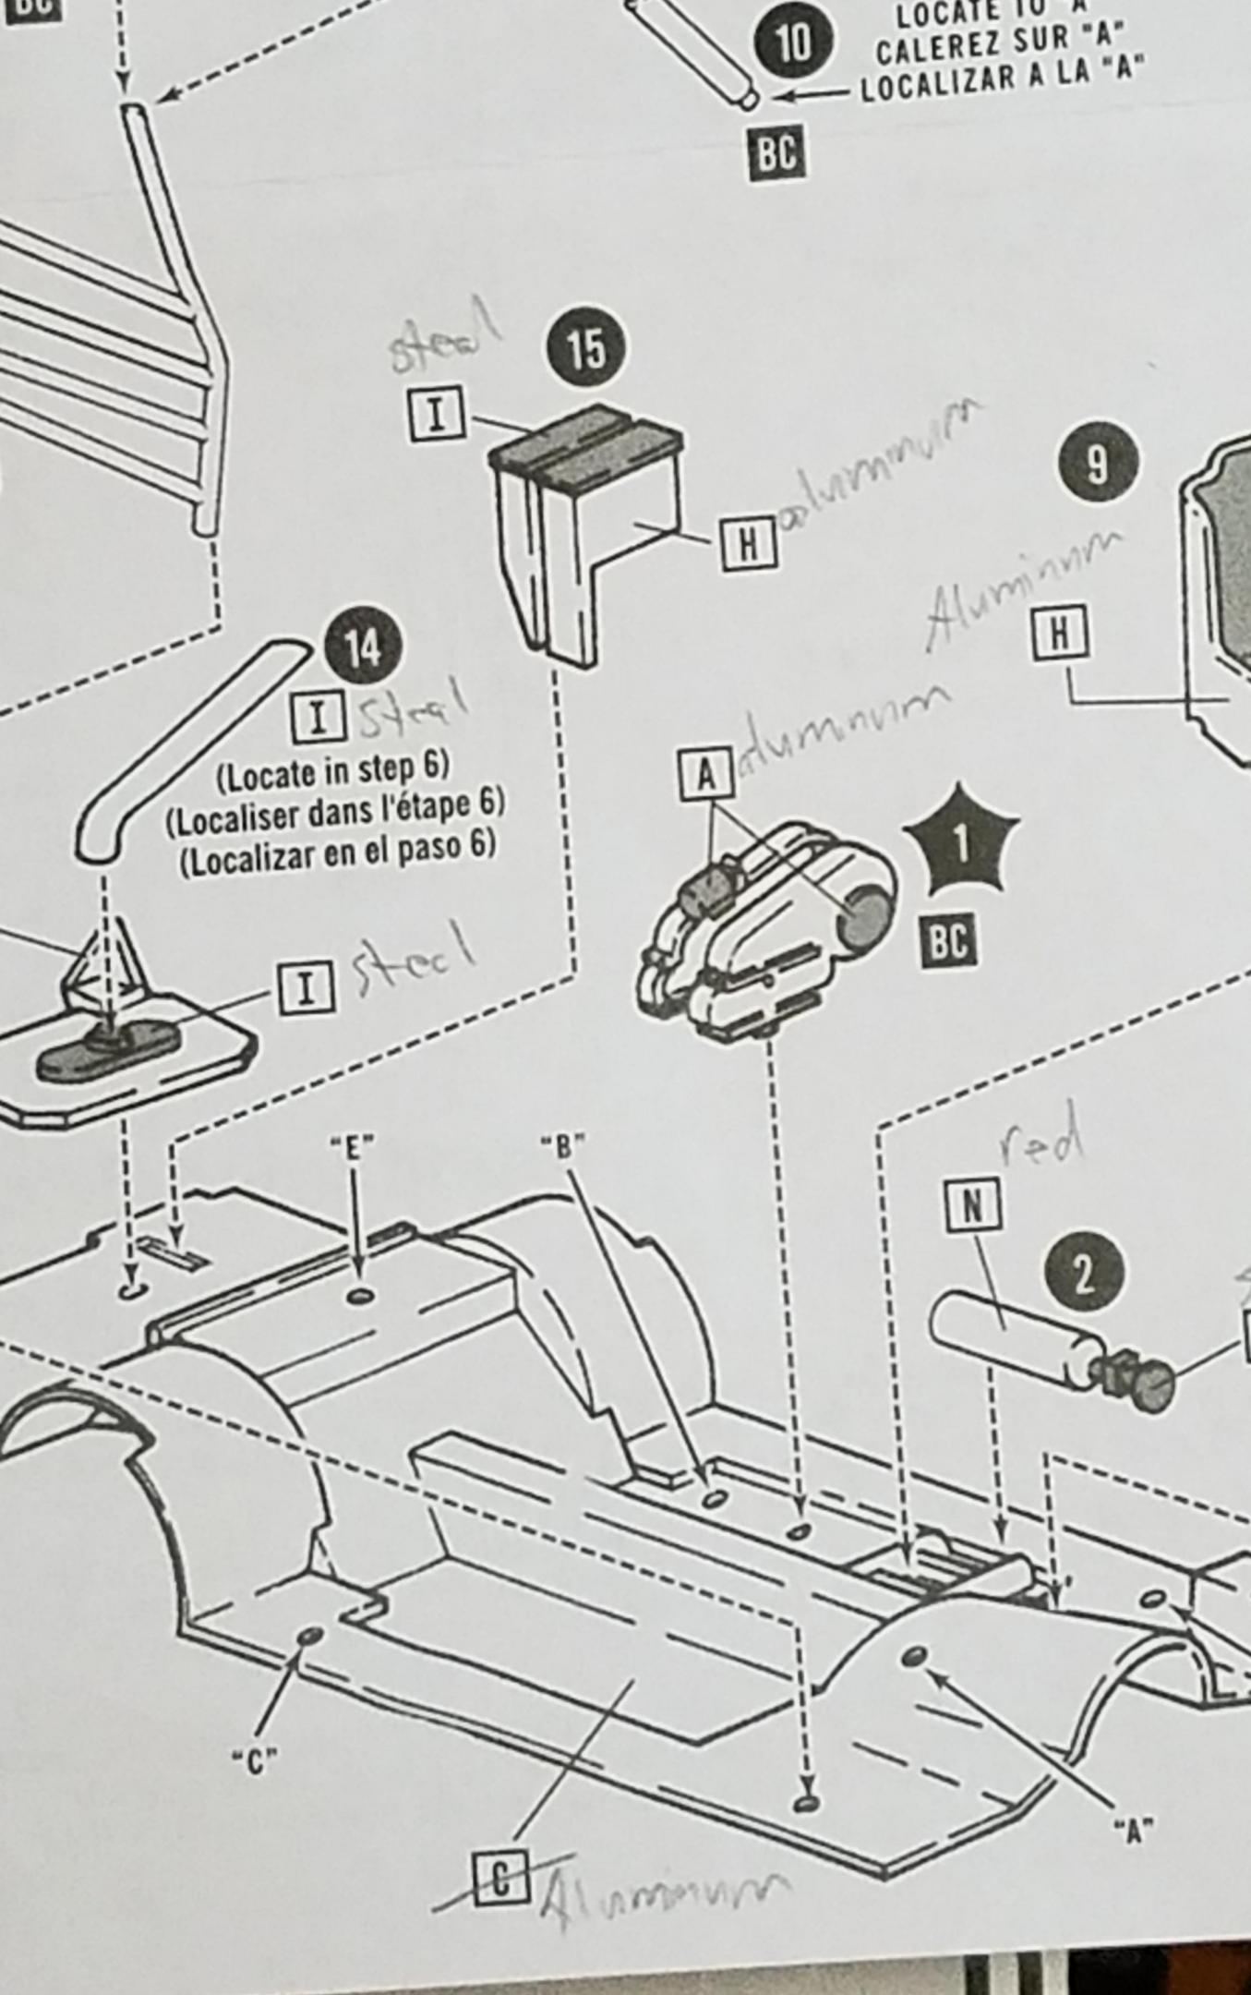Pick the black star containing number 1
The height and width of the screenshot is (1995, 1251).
pyautogui.click(x=962, y=841)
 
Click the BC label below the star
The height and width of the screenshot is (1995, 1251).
pyautogui.click(x=949, y=940)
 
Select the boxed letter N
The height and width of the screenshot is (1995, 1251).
pyautogui.click(x=972, y=1204)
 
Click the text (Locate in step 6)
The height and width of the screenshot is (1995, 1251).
pyautogui.click(x=332, y=771)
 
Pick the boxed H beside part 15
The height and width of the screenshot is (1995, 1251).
pyautogui.click(x=748, y=545)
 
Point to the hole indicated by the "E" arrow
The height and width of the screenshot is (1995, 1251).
pyautogui.click(x=360, y=1297)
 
